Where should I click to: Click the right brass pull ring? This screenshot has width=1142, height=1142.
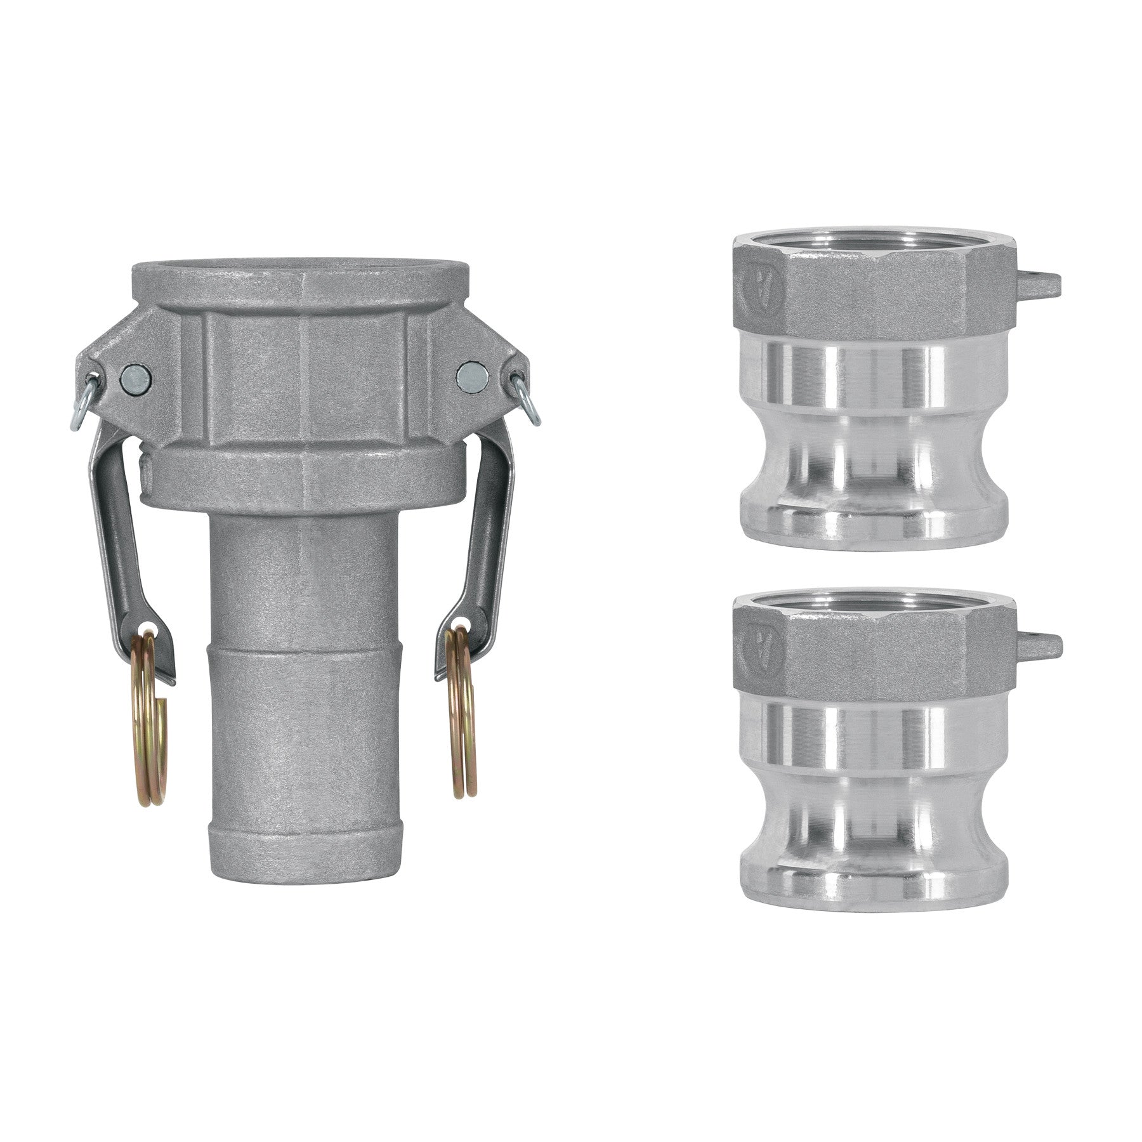pos(463,749)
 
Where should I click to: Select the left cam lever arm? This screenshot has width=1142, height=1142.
pos(117,546)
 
